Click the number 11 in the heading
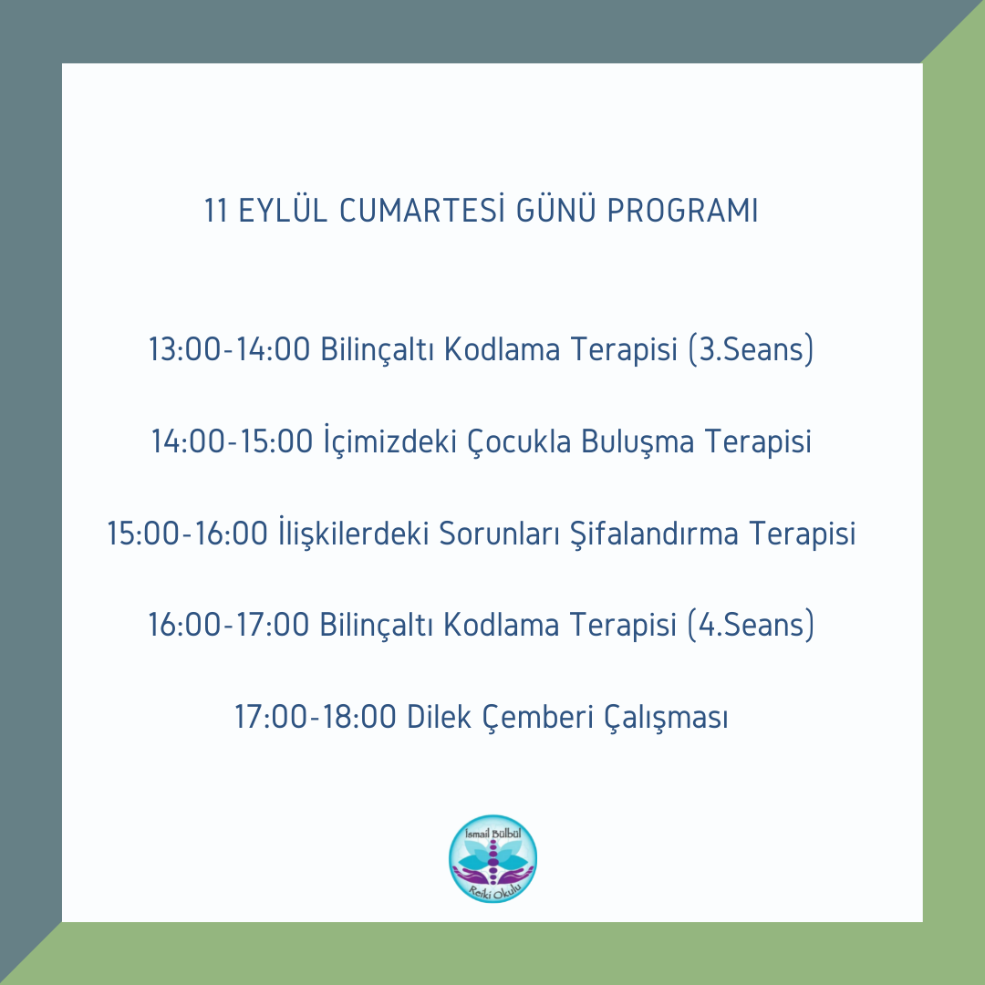tap(215, 211)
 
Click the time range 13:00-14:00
tap(229, 348)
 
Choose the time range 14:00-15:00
tap(232, 441)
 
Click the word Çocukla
tap(519, 441)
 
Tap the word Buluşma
tap(637, 441)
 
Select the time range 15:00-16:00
tap(188, 534)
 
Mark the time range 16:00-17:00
tap(229, 625)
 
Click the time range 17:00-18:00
tap(316, 717)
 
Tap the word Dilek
tap(439, 716)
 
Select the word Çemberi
tap(538, 717)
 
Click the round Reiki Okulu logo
tap(493, 858)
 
